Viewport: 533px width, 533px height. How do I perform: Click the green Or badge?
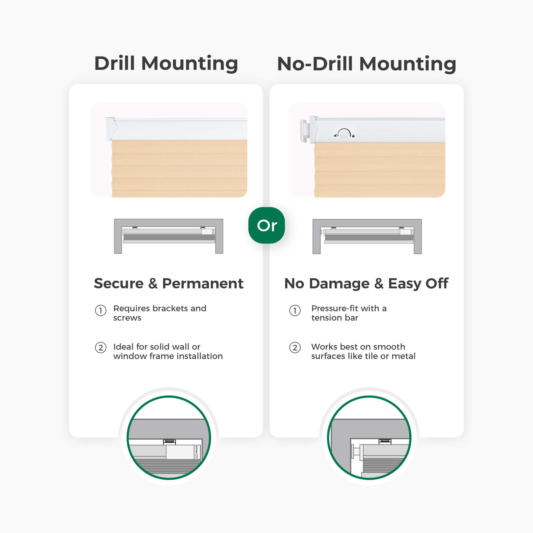click(266, 225)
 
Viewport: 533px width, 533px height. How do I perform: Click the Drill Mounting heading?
click(166, 64)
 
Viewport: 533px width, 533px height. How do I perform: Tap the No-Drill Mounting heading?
click(366, 64)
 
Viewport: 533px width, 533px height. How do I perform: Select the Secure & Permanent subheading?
click(169, 283)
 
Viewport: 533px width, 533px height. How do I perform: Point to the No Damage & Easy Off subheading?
click(366, 284)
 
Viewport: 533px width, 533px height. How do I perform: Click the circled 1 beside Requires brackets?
click(101, 311)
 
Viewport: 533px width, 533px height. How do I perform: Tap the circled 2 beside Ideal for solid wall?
click(101, 348)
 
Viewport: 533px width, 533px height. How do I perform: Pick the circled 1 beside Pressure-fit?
click(295, 311)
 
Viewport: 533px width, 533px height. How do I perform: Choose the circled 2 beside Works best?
click(295, 348)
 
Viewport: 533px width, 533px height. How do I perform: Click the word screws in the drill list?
click(127, 318)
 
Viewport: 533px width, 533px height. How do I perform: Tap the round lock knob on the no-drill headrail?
click(344, 134)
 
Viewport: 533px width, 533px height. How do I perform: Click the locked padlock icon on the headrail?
click(353, 136)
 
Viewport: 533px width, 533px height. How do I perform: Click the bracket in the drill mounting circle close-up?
click(169, 442)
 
